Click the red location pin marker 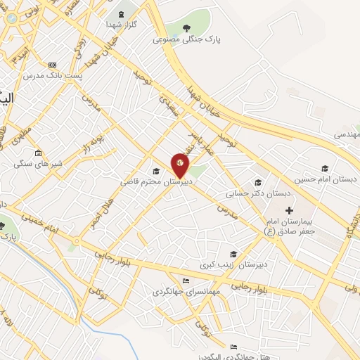coord(180,165)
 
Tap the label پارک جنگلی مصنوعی coord(186,39)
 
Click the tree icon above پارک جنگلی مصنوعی coord(186,29)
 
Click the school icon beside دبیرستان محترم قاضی coord(156,171)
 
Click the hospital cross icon coord(289,210)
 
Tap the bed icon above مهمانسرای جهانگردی coord(186,280)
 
